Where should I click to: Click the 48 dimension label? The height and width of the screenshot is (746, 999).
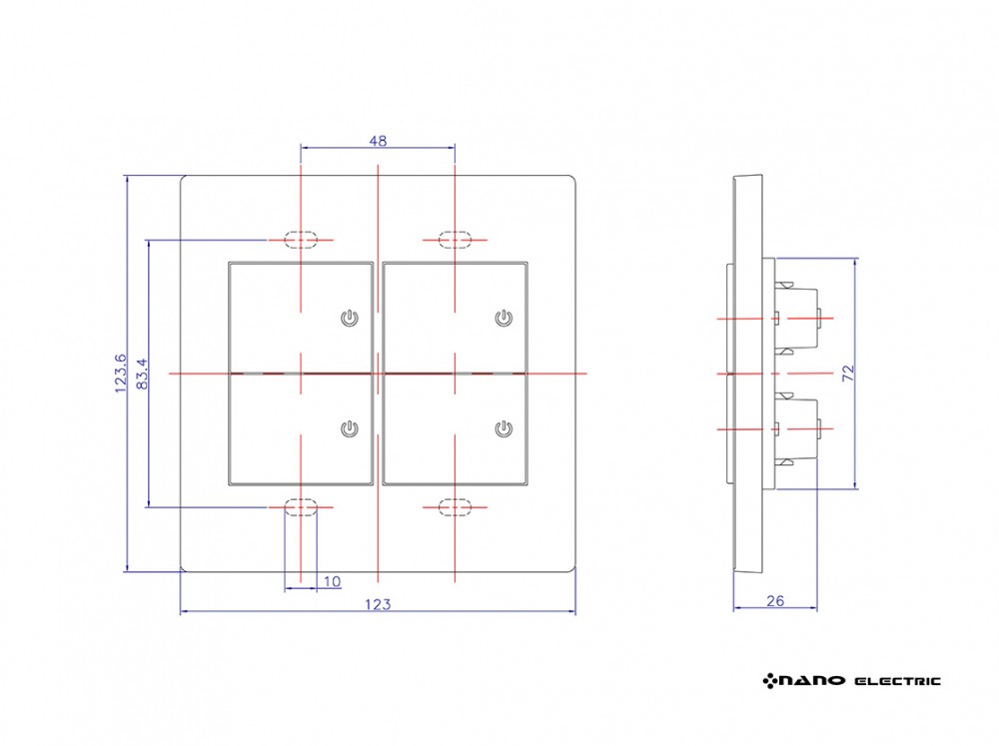(x=378, y=141)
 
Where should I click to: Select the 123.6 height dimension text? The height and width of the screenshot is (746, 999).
(x=121, y=373)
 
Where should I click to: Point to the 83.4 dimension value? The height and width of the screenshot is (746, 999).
(x=142, y=373)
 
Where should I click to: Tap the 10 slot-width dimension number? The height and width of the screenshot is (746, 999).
(x=333, y=581)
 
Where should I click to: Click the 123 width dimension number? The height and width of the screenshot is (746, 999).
(x=378, y=604)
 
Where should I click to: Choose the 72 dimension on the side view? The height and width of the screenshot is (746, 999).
(x=848, y=373)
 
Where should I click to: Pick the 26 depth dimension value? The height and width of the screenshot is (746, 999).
(x=775, y=601)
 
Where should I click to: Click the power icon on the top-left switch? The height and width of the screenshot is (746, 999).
(x=349, y=318)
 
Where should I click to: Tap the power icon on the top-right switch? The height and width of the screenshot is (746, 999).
(x=503, y=318)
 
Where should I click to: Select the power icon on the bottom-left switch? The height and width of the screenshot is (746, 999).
(x=349, y=428)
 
